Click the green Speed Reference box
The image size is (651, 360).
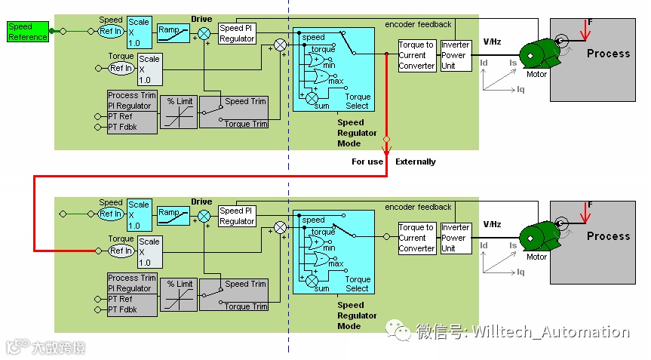[28, 32]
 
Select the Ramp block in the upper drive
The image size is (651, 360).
[173, 32]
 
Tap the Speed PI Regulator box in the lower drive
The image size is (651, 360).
[237, 216]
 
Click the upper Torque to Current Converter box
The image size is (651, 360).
[416, 55]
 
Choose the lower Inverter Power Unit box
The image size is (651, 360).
[456, 237]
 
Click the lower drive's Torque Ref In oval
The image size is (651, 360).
[121, 251]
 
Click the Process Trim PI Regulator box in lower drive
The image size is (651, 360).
[133, 283]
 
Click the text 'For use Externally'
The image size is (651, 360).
[393, 162]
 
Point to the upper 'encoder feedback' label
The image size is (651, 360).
[418, 24]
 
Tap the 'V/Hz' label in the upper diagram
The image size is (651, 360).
[492, 42]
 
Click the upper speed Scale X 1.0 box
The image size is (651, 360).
[138, 32]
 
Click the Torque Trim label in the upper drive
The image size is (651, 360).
[246, 124]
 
